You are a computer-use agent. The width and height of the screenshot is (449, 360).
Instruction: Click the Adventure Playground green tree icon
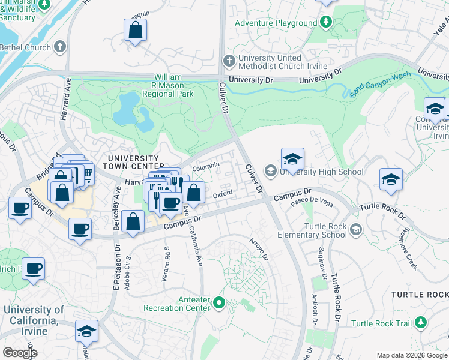[x=325, y=23]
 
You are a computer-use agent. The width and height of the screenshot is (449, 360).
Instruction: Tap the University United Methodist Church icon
[x=229, y=61]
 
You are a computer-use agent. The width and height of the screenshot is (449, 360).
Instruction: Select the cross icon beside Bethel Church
[x=60, y=47]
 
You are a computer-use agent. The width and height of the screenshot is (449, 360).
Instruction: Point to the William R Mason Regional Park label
[x=174, y=86]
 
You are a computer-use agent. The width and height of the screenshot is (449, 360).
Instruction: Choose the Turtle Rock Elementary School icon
[x=357, y=230]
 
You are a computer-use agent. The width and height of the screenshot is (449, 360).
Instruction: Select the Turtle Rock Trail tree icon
[x=421, y=323]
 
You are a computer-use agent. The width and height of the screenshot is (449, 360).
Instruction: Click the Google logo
[x=19, y=353]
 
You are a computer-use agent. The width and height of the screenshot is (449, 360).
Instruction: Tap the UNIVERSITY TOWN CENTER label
[x=132, y=161]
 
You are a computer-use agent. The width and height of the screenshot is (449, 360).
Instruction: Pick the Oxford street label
[x=222, y=193]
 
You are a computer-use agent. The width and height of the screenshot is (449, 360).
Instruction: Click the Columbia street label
[x=206, y=169]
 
